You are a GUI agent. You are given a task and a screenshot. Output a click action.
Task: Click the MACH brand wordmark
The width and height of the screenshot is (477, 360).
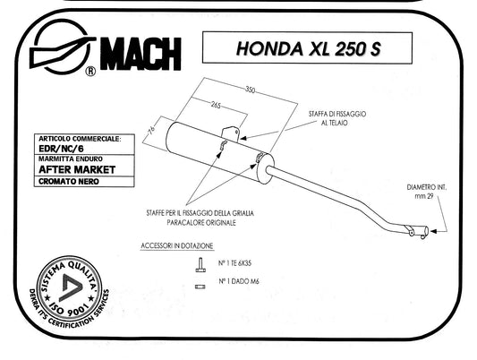coord(141,54)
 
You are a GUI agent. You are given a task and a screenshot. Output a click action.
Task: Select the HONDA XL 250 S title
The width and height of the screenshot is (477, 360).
coord(308,48)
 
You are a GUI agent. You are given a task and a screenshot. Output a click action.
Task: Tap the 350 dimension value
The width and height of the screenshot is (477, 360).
coord(250,90)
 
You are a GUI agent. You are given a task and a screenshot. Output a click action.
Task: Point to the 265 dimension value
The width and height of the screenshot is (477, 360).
coord(216,106)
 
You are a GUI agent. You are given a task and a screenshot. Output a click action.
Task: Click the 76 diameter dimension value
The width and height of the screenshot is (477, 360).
coord(152,129)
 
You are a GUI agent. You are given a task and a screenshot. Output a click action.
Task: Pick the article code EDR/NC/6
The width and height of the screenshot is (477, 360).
coord(61,149)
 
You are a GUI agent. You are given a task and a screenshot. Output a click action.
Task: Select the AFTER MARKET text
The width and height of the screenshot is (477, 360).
coord(77,169)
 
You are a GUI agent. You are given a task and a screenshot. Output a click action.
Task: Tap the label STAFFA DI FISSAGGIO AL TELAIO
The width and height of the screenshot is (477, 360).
coord(337,118)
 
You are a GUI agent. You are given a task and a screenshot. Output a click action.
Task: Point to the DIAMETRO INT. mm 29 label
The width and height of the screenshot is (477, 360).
coord(427,192)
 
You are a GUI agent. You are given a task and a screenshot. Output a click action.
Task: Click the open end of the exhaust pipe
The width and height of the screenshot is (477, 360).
coord(426,231)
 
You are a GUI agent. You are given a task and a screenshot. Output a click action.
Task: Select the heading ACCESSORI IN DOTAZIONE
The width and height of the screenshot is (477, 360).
coord(176,246)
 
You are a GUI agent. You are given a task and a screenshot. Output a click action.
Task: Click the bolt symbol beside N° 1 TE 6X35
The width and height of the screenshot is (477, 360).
coord(200,265)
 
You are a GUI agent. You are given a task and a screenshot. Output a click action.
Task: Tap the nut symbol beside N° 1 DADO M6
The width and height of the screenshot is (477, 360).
coord(200,287)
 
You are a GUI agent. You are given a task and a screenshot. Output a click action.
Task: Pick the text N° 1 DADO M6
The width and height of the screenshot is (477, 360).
coord(239,281)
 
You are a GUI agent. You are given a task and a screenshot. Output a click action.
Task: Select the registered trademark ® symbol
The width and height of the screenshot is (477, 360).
coord(90,72)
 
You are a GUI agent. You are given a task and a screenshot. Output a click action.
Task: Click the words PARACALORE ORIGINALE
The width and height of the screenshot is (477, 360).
coord(201,222)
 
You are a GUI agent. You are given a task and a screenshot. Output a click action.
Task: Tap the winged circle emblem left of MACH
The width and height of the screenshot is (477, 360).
coord(63,47)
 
